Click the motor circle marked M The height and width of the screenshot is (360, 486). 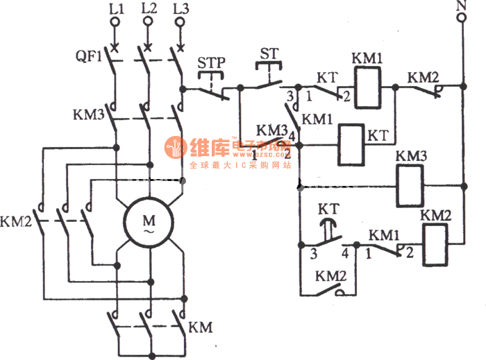click(149, 221)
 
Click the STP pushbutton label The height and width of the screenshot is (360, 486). click(211, 63)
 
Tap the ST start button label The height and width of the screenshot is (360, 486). click(269, 53)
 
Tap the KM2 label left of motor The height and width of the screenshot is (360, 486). click(16, 223)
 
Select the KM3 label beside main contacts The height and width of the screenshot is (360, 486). click(88, 113)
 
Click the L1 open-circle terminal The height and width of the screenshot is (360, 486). click(116, 22)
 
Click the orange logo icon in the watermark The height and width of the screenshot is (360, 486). click(173, 147)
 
